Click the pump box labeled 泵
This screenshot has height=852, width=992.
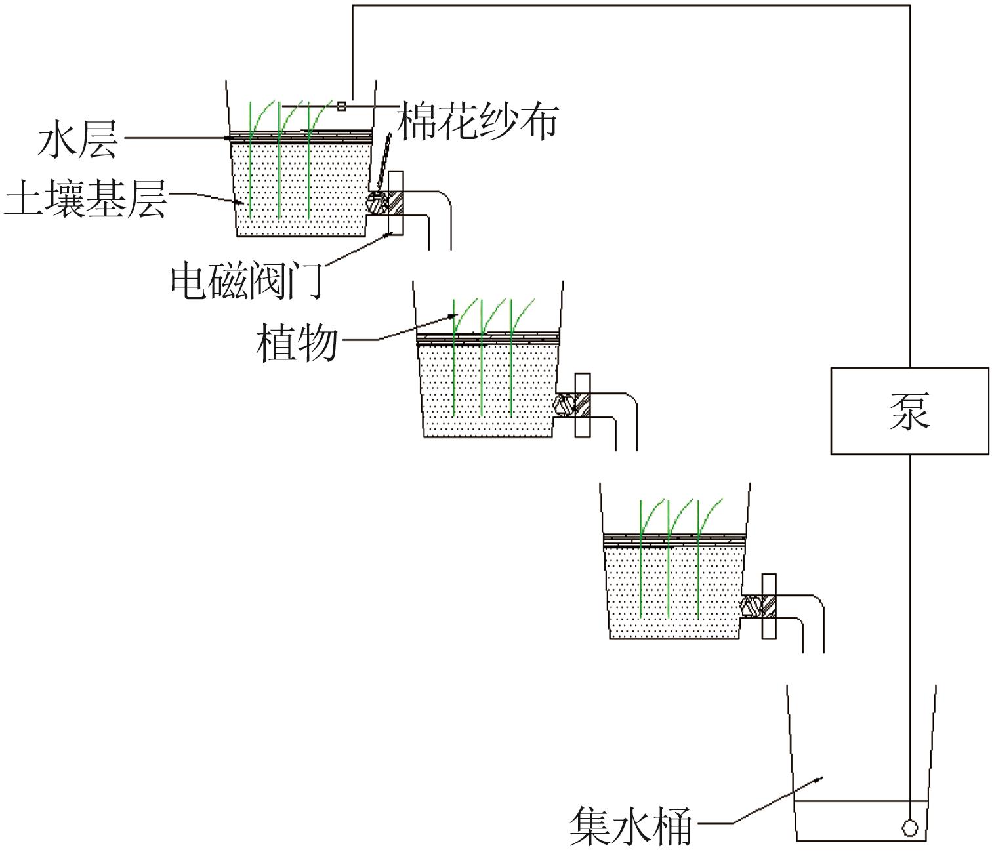tap(909, 411)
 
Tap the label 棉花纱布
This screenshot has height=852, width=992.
tap(478, 121)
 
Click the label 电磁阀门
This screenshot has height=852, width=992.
tap(247, 281)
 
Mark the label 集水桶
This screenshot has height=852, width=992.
tap(630, 826)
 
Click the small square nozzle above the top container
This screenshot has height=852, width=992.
tap(341, 106)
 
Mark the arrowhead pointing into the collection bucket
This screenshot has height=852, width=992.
tap(820, 779)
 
